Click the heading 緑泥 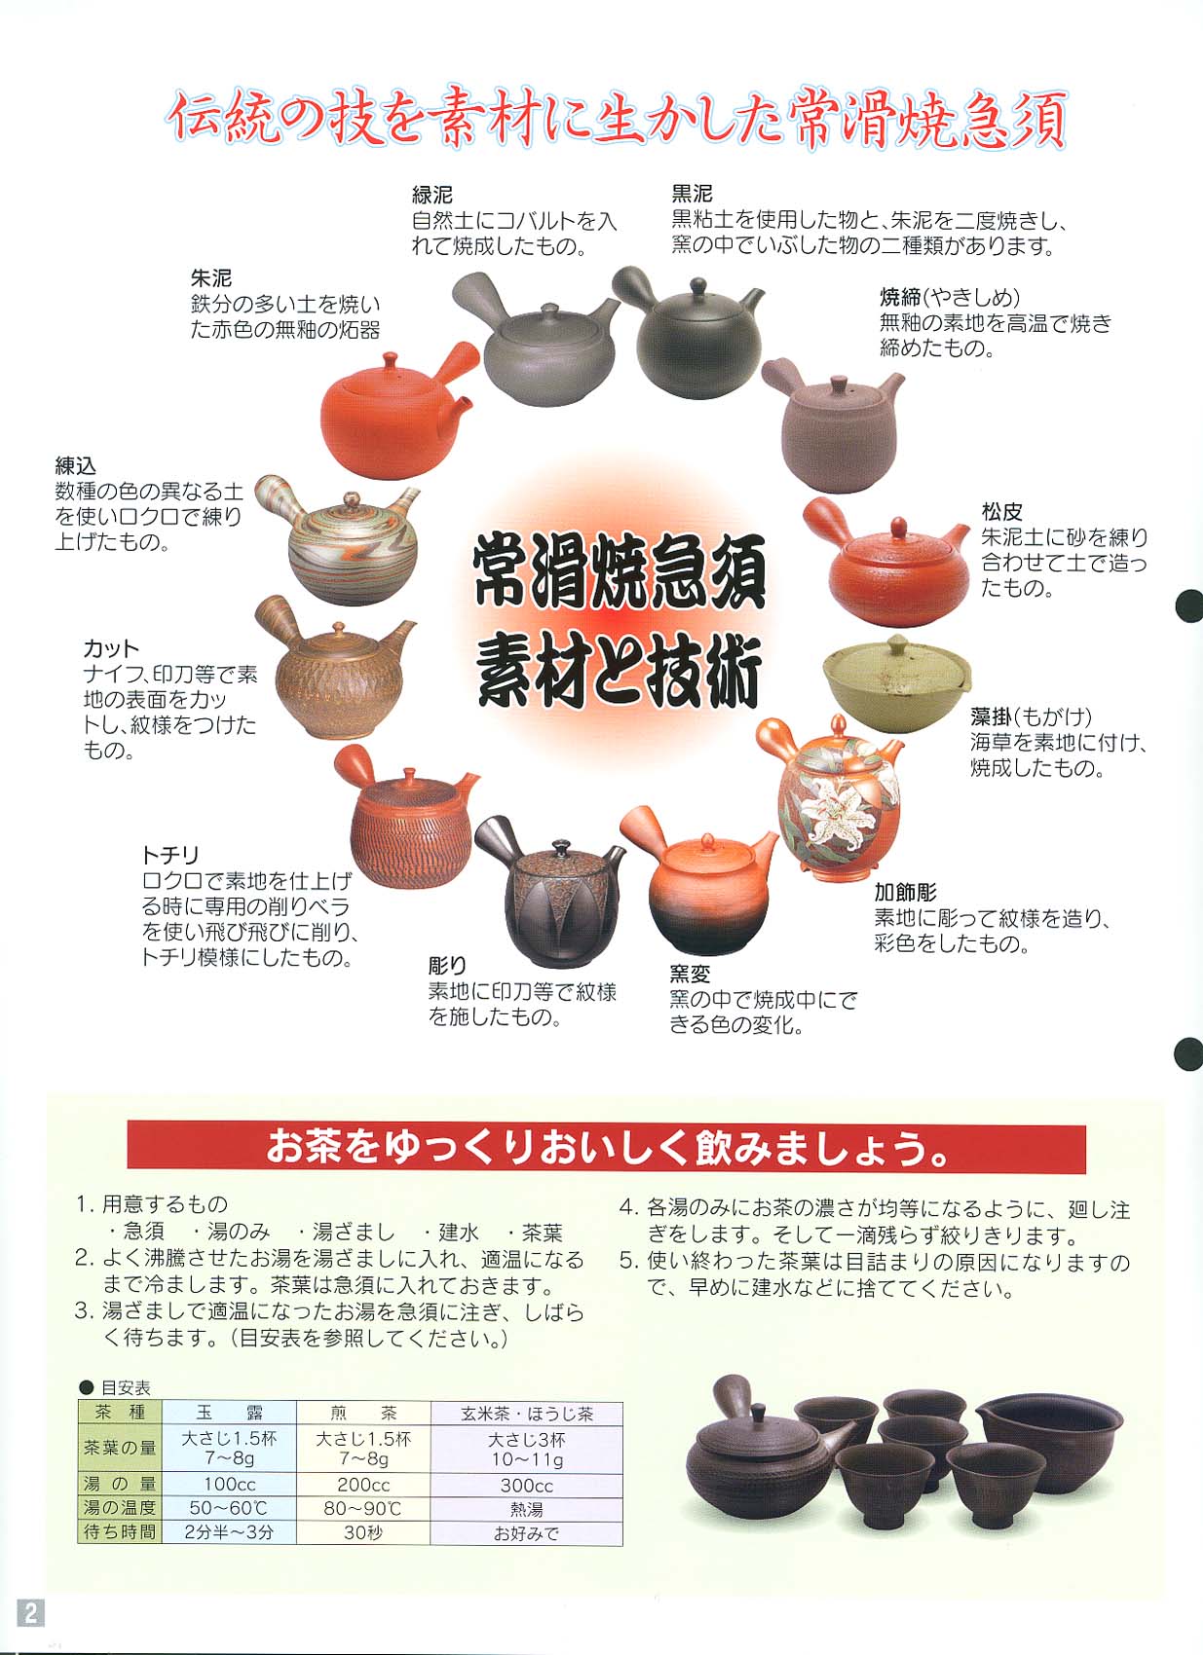click(x=432, y=195)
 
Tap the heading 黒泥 click(x=692, y=194)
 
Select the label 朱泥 click(x=210, y=277)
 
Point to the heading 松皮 click(x=1001, y=510)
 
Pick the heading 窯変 click(x=689, y=974)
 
